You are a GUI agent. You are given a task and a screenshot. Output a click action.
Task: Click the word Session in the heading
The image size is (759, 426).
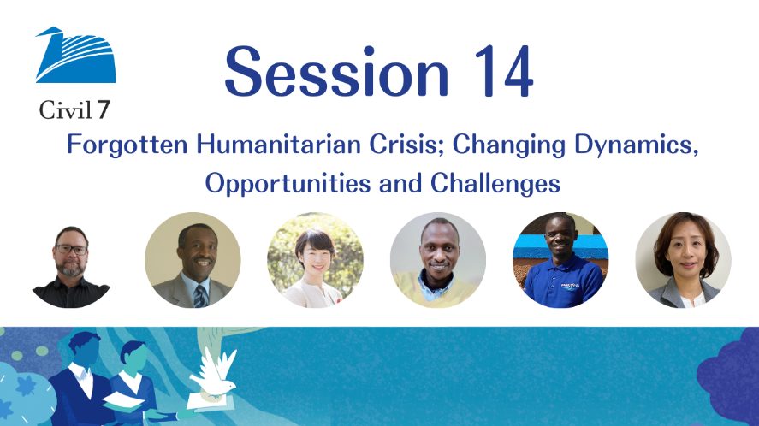[337, 72]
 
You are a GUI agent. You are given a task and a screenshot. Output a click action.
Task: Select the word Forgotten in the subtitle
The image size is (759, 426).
[127, 145]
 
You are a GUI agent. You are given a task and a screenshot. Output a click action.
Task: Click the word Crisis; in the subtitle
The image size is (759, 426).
[406, 145]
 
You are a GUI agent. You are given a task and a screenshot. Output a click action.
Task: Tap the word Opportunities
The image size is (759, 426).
[288, 184]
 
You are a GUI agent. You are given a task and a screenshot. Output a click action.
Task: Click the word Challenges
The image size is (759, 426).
[495, 183]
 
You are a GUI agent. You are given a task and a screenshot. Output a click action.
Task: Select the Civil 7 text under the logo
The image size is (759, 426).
[74, 110]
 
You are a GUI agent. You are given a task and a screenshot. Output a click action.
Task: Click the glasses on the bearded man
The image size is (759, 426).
[71, 249]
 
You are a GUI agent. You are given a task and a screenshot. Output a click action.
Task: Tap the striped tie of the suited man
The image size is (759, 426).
[200, 296]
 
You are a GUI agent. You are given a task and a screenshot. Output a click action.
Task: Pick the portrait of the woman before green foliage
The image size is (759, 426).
[315, 260]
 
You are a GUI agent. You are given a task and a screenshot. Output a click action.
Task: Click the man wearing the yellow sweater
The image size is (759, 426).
[438, 260]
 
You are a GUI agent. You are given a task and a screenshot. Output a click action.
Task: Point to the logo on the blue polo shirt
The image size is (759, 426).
[570, 287]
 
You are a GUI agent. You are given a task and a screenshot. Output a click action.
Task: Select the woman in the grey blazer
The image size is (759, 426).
[683, 260]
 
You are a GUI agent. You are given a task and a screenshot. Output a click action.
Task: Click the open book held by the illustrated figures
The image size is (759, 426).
[122, 400]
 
